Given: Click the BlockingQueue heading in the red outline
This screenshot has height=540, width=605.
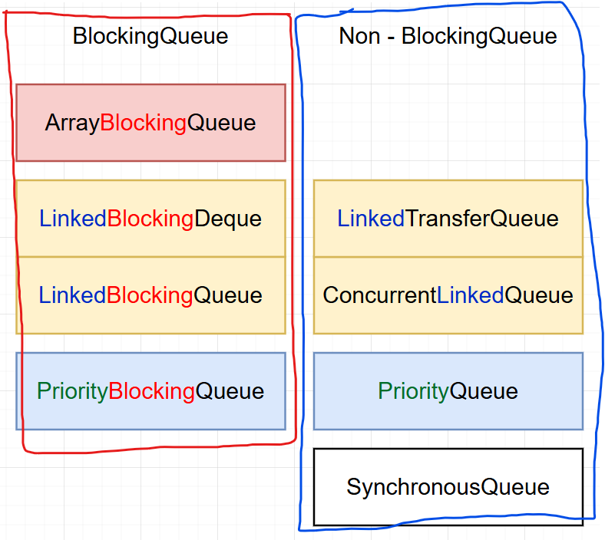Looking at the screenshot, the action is pyautogui.click(x=150, y=36).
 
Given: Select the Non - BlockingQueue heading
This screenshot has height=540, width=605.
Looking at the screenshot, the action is pyautogui.click(x=448, y=36).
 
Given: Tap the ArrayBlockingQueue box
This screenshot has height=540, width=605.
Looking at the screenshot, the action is pyautogui.click(x=150, y=123).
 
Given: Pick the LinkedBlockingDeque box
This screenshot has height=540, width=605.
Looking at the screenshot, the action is pyautogui.click(x=150, y=219).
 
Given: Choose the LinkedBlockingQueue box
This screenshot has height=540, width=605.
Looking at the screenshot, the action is pyautogui.click(x=150, y=295).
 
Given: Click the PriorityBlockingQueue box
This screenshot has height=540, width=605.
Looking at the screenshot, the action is pyautogui.click(x=150, y=391).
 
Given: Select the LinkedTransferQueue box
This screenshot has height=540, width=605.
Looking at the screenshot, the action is pyautogui.click(x=448, y=219).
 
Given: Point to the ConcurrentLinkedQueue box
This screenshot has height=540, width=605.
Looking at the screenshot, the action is pyautogui.click(x=448, y=295).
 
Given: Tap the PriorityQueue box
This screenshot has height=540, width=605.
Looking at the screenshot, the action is pyautogui.click(x=448, y=391).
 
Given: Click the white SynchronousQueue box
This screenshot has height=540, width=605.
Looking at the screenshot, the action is pyautogui.click(x=448, y=486).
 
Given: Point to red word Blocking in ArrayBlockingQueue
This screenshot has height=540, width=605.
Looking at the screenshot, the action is pyautogui.click(x=144, y=123).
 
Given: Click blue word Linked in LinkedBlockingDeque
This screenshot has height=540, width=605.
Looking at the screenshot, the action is pyautogui.click(x=73, y=219).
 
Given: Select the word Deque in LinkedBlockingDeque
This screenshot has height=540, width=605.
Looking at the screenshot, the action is pyautogui.click(x=227, y=219).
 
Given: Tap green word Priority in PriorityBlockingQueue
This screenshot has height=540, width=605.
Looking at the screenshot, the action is pyautogui.click(x=72, y=391).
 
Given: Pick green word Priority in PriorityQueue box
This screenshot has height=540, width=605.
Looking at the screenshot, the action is pyautogui.click(x=413, y=391).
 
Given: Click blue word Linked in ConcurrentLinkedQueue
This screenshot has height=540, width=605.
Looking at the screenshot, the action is pyautogui.click(x=470, y=295).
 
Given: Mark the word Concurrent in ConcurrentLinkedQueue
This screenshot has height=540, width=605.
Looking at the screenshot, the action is pyautogui.click(x=379, y=295).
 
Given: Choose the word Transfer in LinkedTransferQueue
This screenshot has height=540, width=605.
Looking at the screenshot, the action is pyautogui.click(x=448, y=219).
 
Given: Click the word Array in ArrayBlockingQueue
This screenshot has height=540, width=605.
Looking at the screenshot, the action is pyautogui.click(x=72, y=123).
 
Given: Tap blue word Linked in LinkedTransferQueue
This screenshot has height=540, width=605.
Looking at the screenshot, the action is pyautogui.click(x=371, y=219).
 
